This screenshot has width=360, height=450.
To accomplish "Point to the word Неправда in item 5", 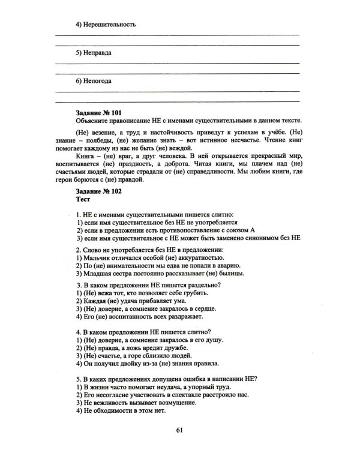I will [x=100, y=53].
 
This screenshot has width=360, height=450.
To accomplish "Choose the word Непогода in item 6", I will [x=100, y=80].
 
